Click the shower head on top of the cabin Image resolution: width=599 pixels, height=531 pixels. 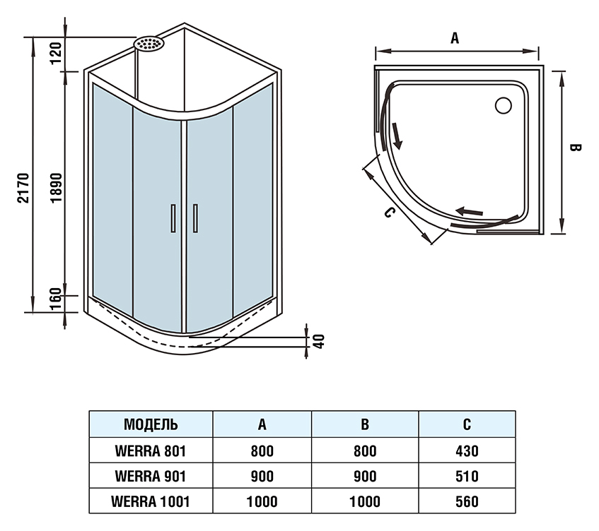(149, 43)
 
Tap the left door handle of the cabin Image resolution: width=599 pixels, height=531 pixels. (173, 218)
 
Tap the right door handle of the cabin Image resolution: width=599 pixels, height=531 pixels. (195, 218)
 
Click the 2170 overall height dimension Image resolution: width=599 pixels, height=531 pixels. (23, 188)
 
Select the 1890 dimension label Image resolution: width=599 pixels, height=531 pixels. (56, 188)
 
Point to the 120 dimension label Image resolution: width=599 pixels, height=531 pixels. (56, 54)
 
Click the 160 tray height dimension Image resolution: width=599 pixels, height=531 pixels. (56, 299)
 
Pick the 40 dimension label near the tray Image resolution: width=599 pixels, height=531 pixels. (319, 342)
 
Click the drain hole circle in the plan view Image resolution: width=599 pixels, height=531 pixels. (503, 105)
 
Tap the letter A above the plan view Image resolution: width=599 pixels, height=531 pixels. (455, 38)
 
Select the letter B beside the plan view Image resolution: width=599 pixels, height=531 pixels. (576, 148)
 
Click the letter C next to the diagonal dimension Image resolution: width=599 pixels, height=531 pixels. (389, 212)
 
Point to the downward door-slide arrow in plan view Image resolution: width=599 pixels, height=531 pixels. (397, 136)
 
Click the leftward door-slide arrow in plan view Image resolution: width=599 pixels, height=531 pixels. (469, 211)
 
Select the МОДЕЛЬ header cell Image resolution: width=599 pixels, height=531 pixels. (151, 424)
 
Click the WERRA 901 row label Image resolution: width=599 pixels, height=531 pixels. (151, 476)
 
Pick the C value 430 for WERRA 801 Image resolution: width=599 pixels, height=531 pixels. (467, 451)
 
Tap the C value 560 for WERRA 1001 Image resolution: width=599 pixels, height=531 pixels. (467, 501)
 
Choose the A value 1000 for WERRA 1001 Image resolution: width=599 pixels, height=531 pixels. (262, 501)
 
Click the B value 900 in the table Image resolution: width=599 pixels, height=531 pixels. (365, 477)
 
